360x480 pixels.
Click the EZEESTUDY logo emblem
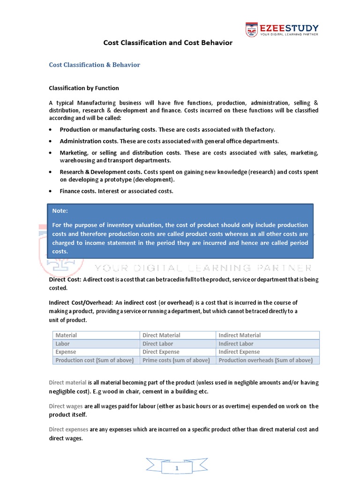pos(251,30)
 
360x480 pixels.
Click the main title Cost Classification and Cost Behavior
pos(168,43)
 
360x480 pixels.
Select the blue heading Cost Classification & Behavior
pos(94,65)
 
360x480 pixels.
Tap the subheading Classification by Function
pos(84,88)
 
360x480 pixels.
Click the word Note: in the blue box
pos(60,211)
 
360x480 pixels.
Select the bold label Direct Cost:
pos(65,279)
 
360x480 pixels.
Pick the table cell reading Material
pos(66,335)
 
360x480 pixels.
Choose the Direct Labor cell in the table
pos(159,344)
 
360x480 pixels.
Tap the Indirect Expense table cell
pos(239,352)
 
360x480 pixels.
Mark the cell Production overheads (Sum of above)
pos(265,360)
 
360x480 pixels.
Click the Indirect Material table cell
pos(240,335)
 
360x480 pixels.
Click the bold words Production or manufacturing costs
pos(107,129)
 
